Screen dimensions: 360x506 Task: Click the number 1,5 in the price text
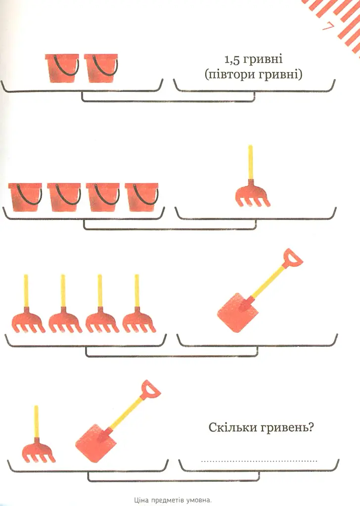coord(232,59)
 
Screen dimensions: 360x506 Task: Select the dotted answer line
coord(259,461)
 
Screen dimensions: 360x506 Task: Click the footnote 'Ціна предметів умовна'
coord(173,501)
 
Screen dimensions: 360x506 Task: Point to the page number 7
coord(327,27)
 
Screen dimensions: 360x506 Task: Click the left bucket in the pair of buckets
coord(62,68)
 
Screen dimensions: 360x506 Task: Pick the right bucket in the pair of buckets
coord(101,68)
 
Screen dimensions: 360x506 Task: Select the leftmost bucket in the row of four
coord(25,197)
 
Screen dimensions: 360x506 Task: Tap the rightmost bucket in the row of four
coord(142,197)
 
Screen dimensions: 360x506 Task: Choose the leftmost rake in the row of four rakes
coord(28,303)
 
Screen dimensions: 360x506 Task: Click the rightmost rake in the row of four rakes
coord(139,303)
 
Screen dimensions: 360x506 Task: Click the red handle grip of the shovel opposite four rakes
coord(293,258)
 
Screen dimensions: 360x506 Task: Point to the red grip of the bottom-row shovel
coord(150,389)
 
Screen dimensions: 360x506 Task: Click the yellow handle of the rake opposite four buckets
coord(251,162)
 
